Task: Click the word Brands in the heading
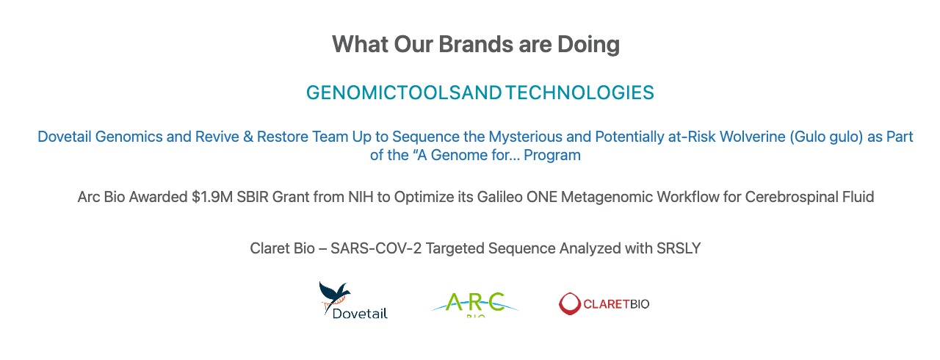[475, 44]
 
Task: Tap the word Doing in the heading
[588, 45]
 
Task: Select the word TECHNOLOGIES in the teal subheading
[579, 93]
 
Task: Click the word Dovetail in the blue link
[65, 137]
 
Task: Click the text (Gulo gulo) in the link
[826, 137]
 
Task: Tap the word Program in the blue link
[552, 155]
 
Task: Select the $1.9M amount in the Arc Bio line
[212, 197]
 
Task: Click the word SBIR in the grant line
[253, 197]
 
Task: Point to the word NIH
[361, 197]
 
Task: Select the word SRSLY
[679, 248]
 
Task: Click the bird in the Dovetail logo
[334, 294]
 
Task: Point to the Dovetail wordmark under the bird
[360, 314]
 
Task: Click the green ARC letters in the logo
[474, 302]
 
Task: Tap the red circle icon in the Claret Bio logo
[569, 303]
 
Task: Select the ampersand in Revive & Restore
[248, 137]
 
